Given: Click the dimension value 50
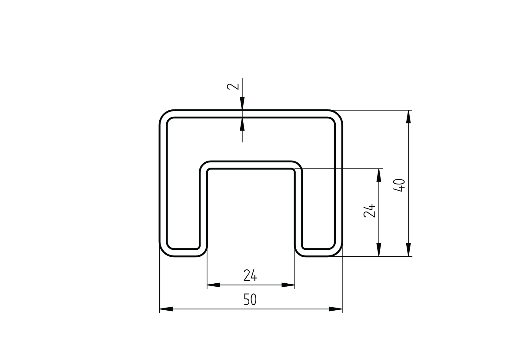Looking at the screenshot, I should [250, 300].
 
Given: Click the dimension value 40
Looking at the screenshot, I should [399, 185].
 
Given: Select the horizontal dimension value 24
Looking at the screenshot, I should [250, 276].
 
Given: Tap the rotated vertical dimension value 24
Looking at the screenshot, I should [369, 211].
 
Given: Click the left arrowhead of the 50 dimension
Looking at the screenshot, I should [166, 309].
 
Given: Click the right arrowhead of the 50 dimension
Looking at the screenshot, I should [336, 309].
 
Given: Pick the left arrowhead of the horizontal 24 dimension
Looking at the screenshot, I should [214, 285].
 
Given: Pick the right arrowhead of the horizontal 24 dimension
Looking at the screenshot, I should [288, 285].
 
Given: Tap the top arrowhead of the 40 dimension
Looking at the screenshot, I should [408, 117].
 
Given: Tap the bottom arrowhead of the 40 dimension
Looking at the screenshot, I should [408, 250].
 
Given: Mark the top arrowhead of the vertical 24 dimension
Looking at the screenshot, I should [379, 175].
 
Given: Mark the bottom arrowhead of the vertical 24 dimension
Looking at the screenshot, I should [379, 250].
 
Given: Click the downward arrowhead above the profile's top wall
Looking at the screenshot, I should [242, 104].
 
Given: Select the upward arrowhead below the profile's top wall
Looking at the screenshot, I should [242, 124].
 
